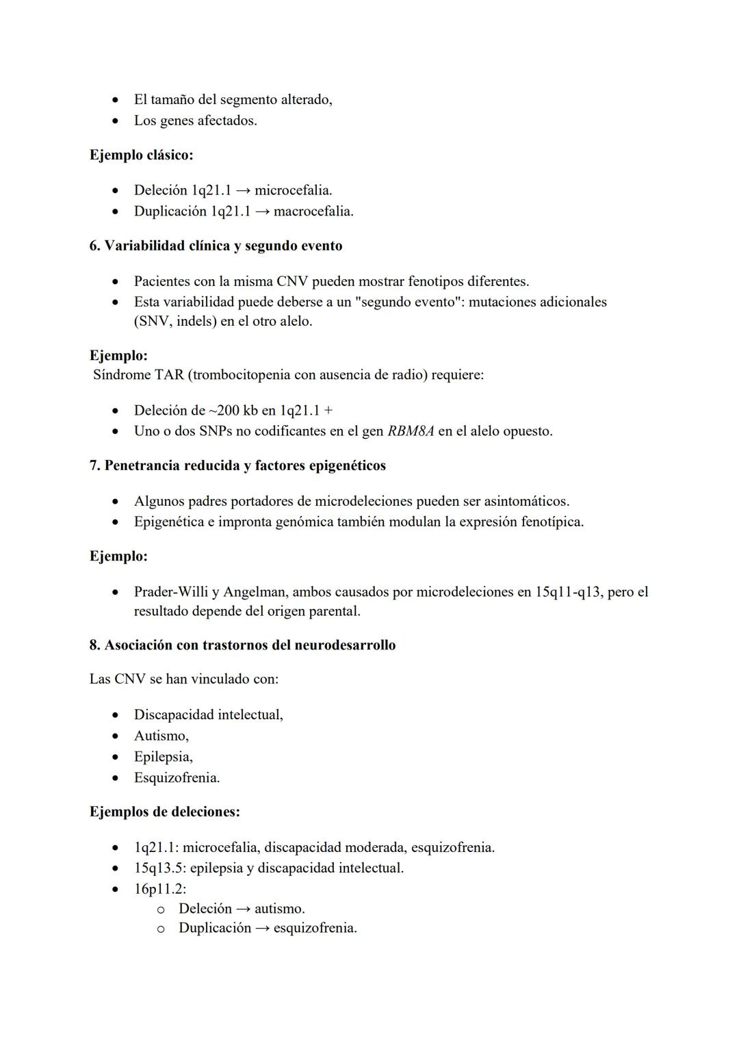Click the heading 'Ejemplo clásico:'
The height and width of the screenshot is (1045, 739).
(x=141, y=155)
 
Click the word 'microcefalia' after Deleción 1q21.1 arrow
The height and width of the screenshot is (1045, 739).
(x=292, y=190)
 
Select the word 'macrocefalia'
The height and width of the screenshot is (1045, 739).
(x=313, y=211)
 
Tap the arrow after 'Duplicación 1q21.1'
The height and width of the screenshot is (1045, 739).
(x=263, y=211)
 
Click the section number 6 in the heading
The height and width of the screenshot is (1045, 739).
(x=94, y=246)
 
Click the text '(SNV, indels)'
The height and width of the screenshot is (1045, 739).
(x=175, y=321)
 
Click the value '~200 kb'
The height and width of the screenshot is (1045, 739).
(x=233, y=411)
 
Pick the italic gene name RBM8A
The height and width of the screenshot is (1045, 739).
(x=411, y=431)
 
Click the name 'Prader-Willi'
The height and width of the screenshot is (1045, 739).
(x=171, y=592)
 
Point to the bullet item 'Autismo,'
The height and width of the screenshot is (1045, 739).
(x=161, y=736)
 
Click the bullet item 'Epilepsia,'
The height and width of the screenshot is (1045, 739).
(x=163, y=757)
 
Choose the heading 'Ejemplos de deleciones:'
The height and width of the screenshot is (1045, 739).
(x=165, y=812)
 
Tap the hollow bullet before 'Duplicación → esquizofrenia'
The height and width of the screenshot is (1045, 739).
(x=161, y=929)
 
